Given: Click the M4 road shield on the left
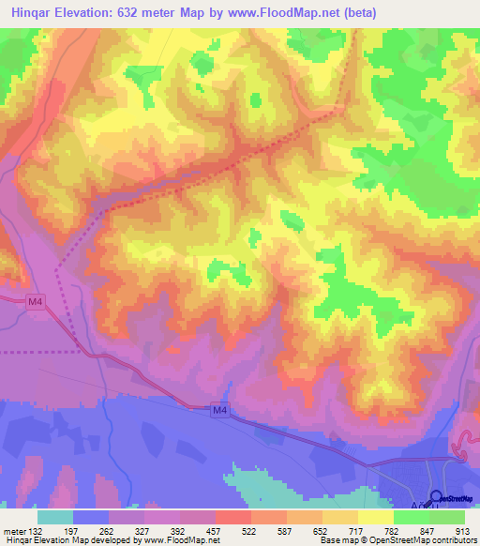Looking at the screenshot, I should pos(35,301).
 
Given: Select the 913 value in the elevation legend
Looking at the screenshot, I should pos(463,531).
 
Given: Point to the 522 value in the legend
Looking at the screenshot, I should pos(250,531).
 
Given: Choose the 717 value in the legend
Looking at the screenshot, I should pos(357,531).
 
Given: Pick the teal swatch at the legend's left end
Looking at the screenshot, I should pos(55,517).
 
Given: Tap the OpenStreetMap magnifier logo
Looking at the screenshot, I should pos(436,497).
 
